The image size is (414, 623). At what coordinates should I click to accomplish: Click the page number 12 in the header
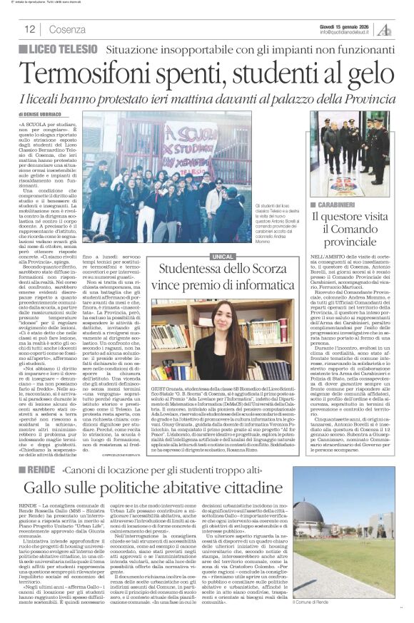click(30, 30)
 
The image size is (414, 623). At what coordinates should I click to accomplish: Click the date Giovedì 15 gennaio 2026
click(343, 25)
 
